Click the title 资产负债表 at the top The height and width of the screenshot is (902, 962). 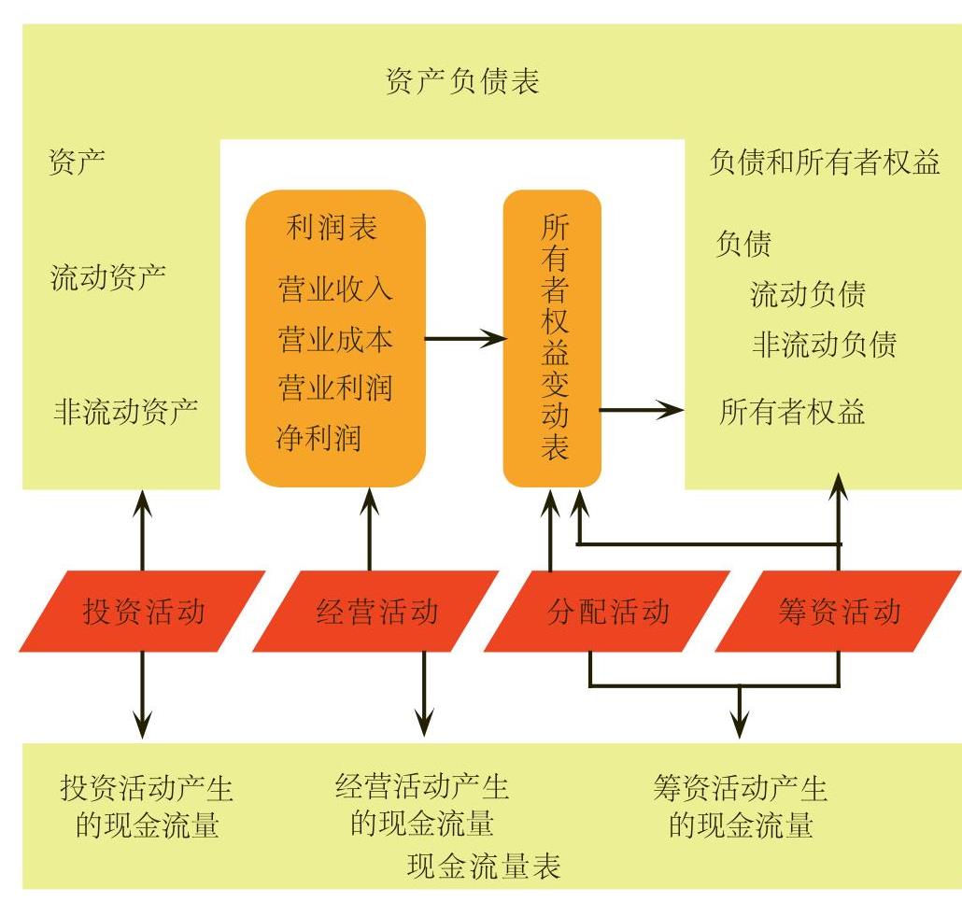pos(462,82)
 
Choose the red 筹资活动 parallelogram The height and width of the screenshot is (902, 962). pos(839,612)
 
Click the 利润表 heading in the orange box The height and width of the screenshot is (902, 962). pos(332,228)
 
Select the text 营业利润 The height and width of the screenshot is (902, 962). pos(334,388)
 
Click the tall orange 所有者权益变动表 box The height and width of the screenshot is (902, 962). pos(553,338)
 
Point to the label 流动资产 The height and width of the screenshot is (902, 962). pos(108,276)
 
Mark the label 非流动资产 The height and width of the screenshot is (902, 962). pos(126,411)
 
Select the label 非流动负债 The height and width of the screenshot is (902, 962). pos(824,345)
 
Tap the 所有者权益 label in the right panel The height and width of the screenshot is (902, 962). pos(792,412)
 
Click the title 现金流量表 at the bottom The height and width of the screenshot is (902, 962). pos(485,867)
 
